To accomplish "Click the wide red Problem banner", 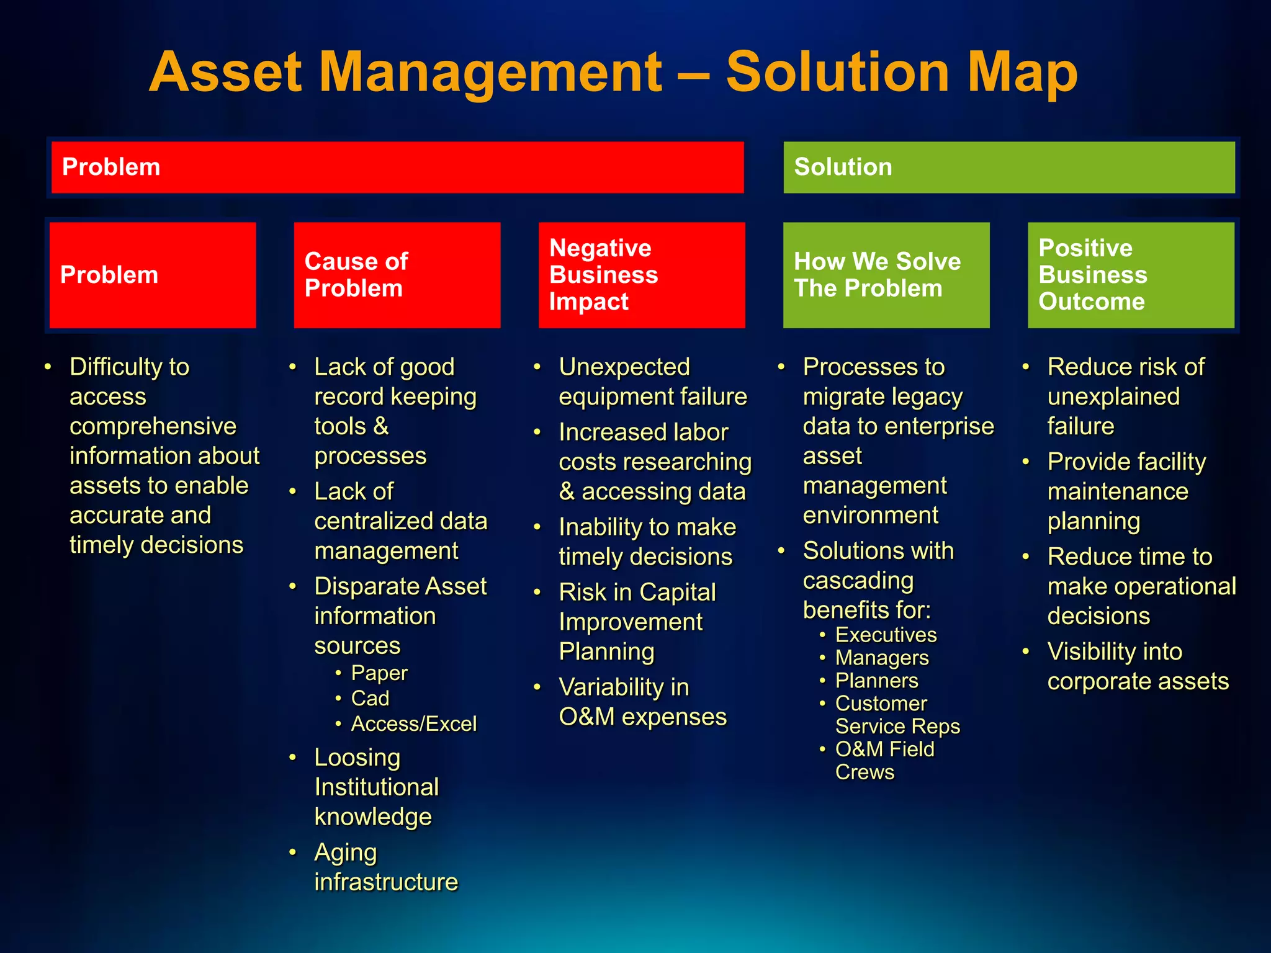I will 397,167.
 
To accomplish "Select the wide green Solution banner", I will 1009,167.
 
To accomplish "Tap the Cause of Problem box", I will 397,275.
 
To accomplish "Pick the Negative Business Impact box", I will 642,275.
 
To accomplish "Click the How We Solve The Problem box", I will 886,275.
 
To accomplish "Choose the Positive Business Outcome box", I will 1131,275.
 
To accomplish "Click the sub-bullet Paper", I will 379,673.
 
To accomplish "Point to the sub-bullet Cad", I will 370,699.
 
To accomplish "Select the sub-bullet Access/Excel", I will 413,724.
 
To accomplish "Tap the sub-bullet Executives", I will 886,635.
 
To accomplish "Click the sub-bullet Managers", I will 882,658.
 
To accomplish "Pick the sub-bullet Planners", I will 876,681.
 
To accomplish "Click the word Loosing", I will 357,758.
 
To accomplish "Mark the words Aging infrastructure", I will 385,867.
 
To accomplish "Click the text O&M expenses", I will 642,717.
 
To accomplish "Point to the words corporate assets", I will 1138,682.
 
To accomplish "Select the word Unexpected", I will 624,367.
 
